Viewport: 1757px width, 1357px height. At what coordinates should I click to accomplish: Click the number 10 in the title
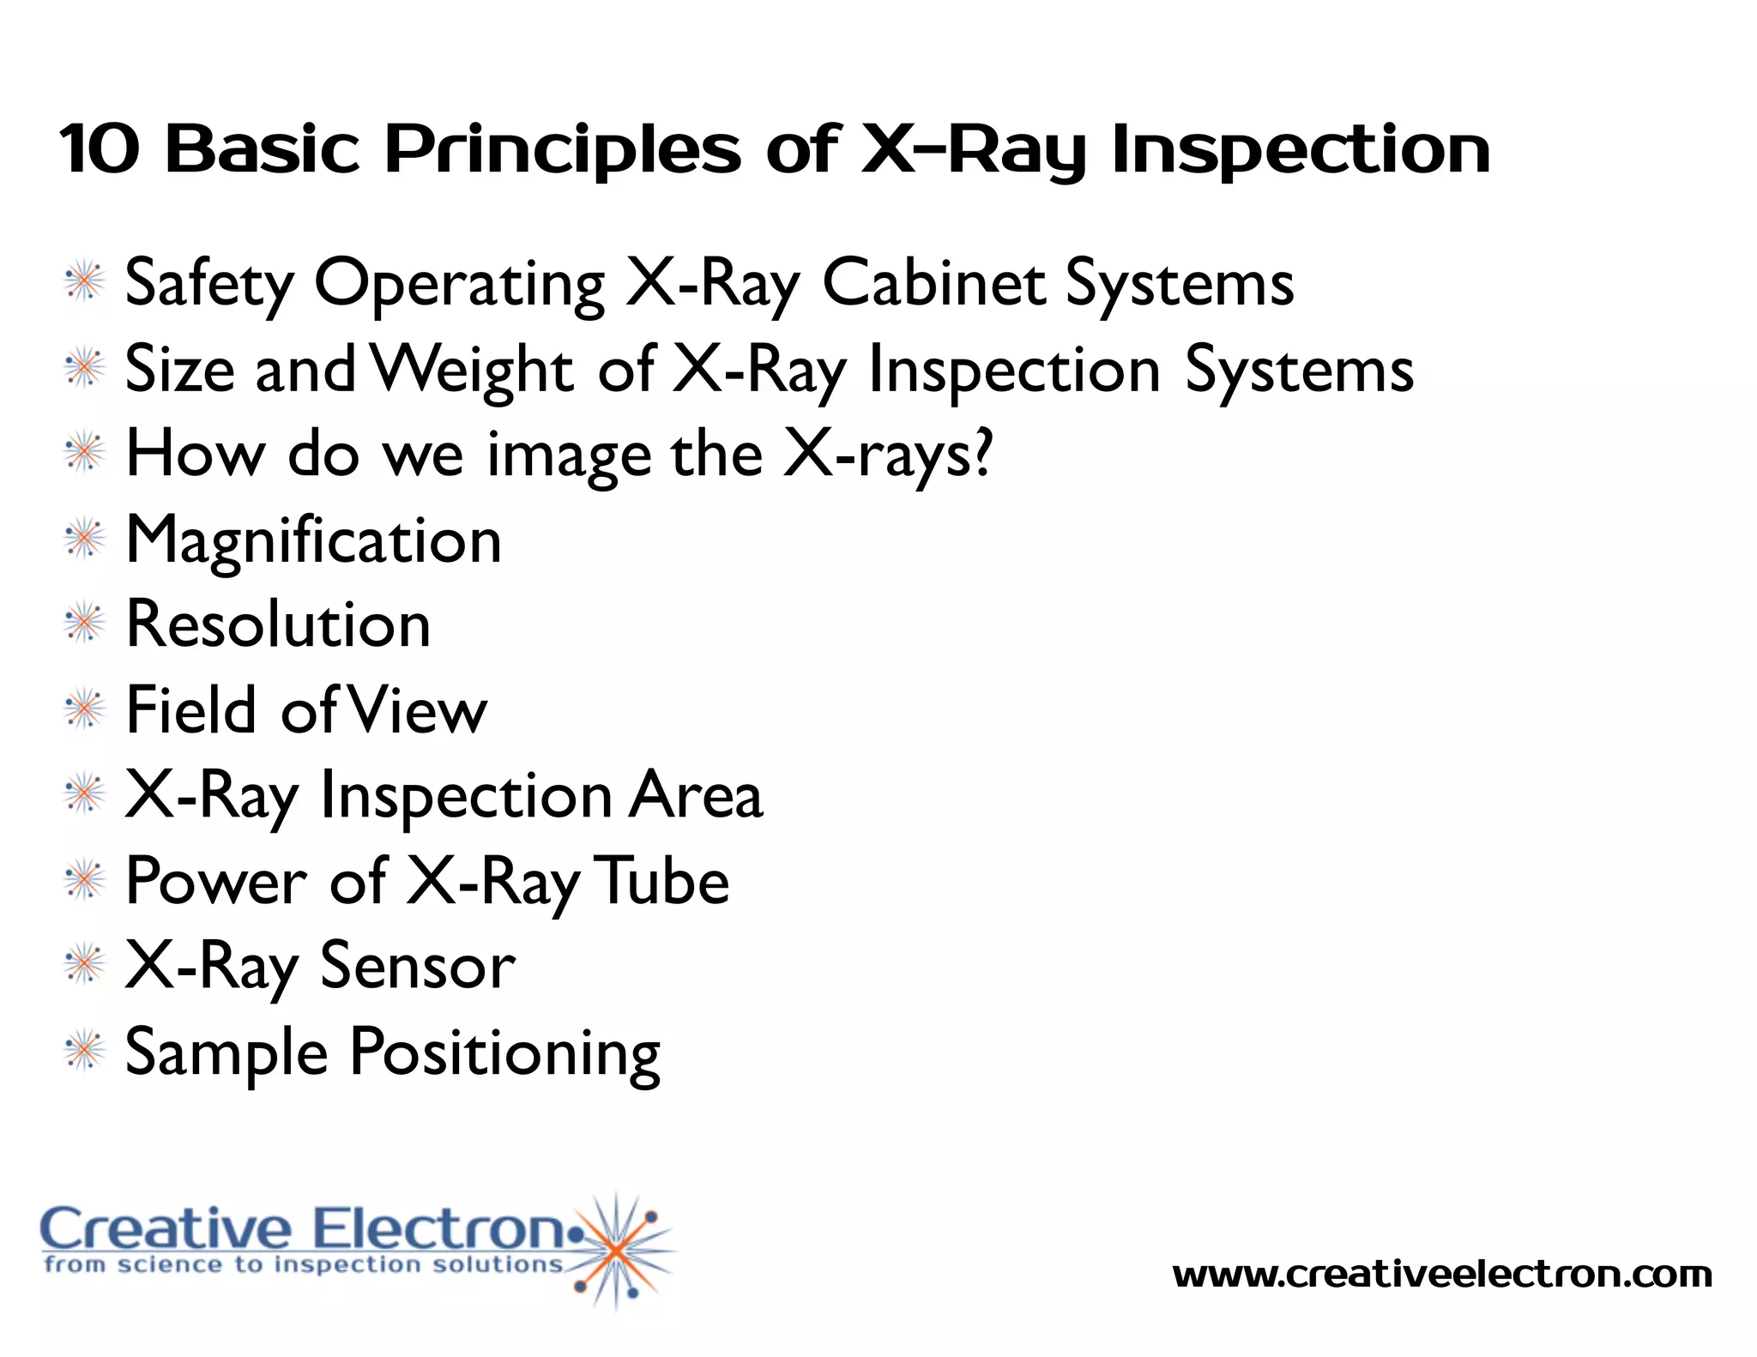point(99,149)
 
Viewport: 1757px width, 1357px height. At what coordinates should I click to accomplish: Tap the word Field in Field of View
point(191,710)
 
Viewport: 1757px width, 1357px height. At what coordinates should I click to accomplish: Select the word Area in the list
point(696,795)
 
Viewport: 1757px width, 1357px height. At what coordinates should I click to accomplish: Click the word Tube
point(661,881)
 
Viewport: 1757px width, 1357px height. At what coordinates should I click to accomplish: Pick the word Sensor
point(418,967)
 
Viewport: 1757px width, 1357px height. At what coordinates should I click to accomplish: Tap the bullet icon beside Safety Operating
point(85,282)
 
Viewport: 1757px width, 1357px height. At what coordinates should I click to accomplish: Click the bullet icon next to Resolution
point(85,624)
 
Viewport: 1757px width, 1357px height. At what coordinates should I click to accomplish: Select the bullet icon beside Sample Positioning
point(85,1051)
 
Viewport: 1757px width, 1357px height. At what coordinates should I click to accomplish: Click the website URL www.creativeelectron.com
point(1442,1275)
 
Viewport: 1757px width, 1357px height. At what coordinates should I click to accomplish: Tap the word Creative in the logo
point(166,1228)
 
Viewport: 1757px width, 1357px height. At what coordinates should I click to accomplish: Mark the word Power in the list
point(215,881)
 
